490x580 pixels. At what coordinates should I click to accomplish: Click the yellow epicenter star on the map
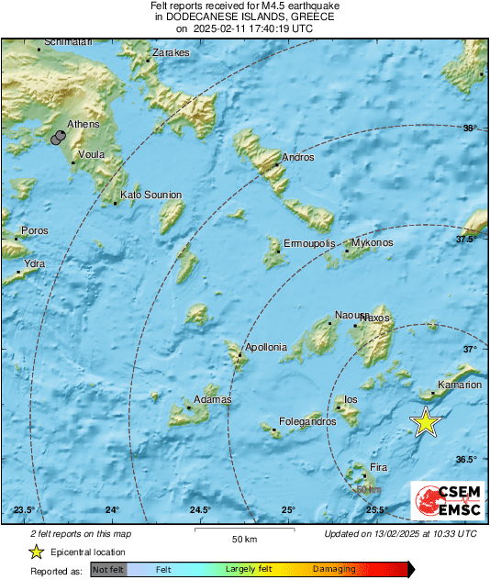point(426,421)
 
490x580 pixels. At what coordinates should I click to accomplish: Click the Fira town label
point(378,468)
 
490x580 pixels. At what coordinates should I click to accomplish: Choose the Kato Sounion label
point(151,195)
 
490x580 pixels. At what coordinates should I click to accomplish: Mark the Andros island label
point(299,158)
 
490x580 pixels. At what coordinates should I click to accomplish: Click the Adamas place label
point(212,400)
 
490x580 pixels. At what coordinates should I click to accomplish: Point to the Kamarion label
point(460,385)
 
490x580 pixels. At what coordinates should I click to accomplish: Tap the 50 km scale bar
point(242,530)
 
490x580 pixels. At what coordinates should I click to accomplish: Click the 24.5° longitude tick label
point(200,510)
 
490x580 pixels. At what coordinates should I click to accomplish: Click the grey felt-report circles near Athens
point(60,138)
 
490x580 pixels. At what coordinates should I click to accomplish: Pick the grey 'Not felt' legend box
point(107,570)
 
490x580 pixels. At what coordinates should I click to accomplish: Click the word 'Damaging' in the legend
point(334,570)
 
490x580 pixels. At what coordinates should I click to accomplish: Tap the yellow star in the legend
point(36,552)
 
